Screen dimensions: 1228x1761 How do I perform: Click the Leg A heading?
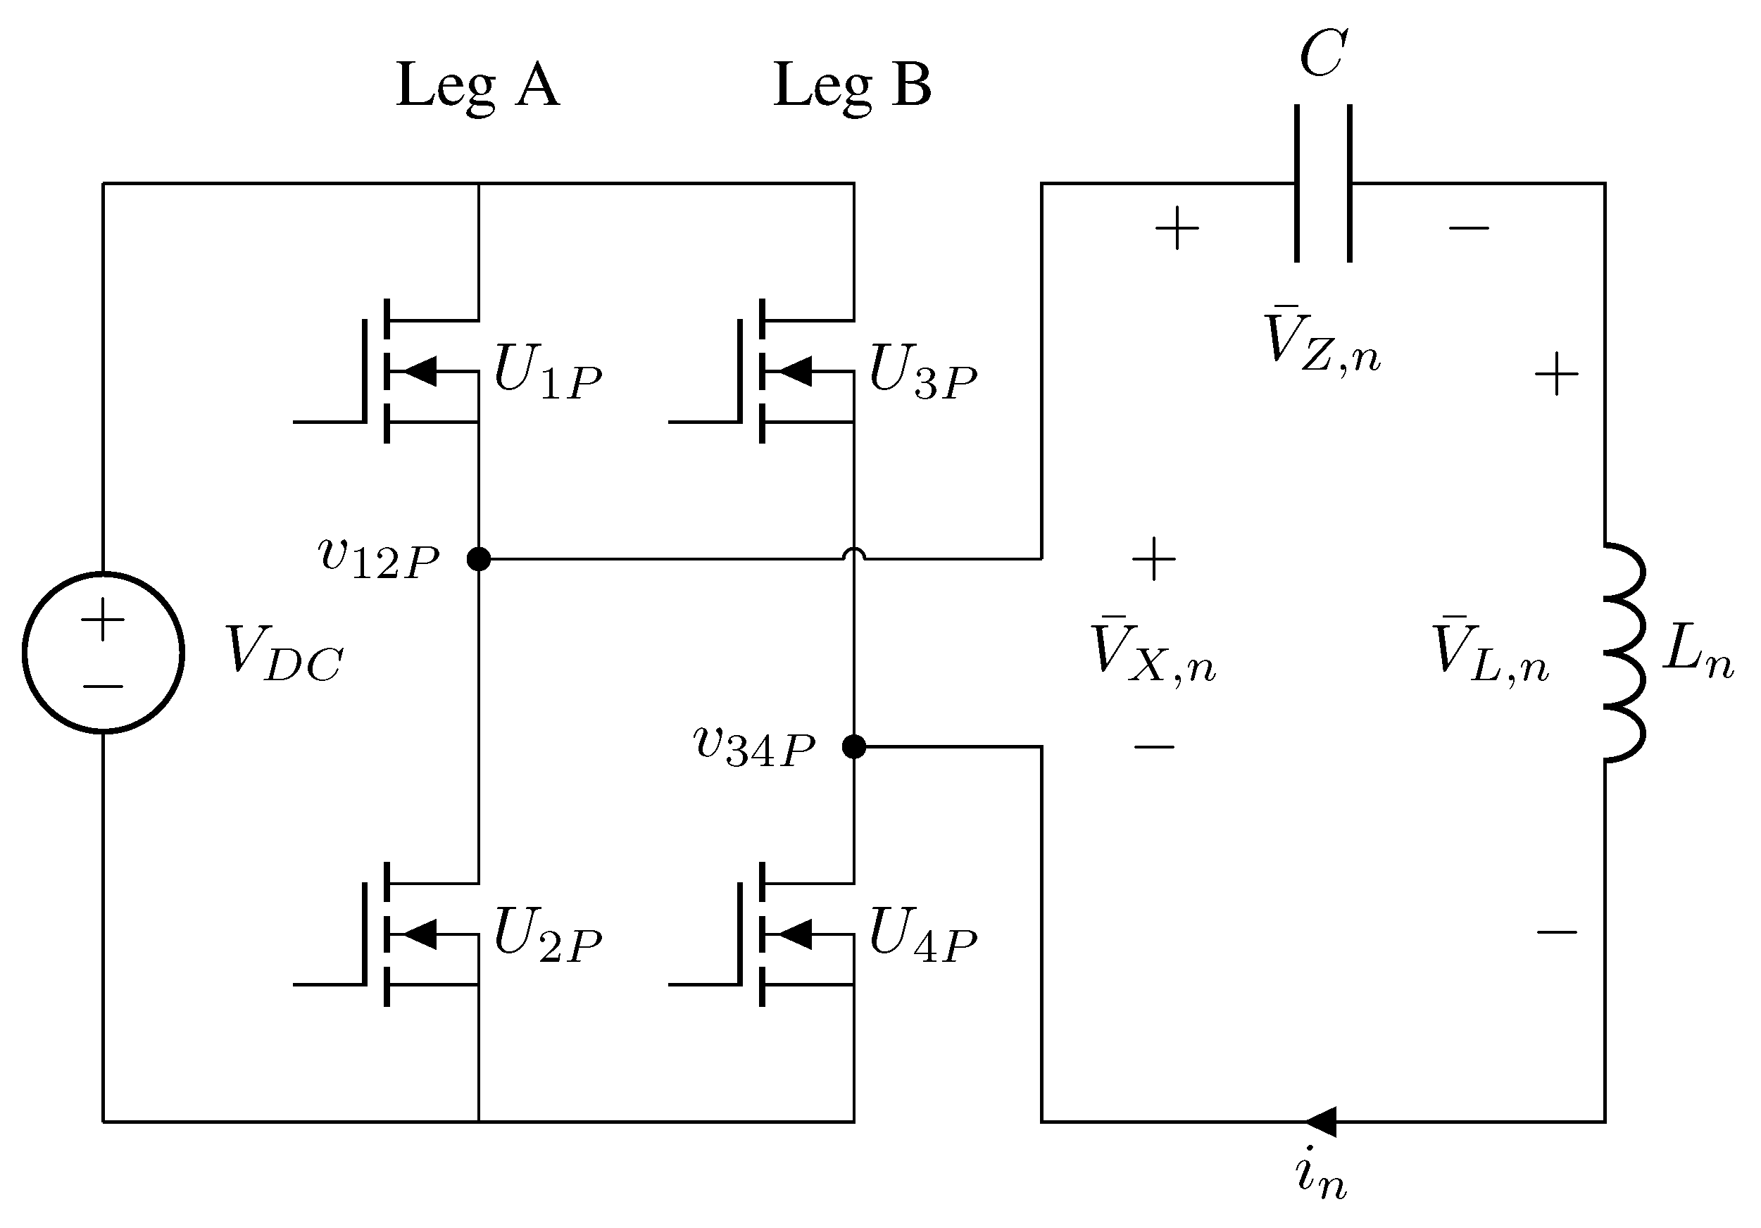[477, 86]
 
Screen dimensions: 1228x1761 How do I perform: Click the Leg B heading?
[852, 86]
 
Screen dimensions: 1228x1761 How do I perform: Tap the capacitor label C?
[1322, 54]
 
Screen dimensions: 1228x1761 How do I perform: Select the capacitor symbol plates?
[1323, 183]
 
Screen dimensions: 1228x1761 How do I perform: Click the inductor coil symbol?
[1624, 653]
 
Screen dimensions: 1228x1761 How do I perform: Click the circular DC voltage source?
[103, 653]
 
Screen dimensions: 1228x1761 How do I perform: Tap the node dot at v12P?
[479, 559]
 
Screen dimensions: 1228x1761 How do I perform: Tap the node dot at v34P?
[853, 746]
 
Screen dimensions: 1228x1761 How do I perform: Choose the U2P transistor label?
[547, 935]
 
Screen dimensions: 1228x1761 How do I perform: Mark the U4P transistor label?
[922, 935]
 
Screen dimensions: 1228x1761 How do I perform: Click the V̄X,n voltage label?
[1153, 651]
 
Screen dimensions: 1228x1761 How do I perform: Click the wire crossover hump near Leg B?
[853, 553]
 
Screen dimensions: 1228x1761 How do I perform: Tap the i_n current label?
[1321, 1177]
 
